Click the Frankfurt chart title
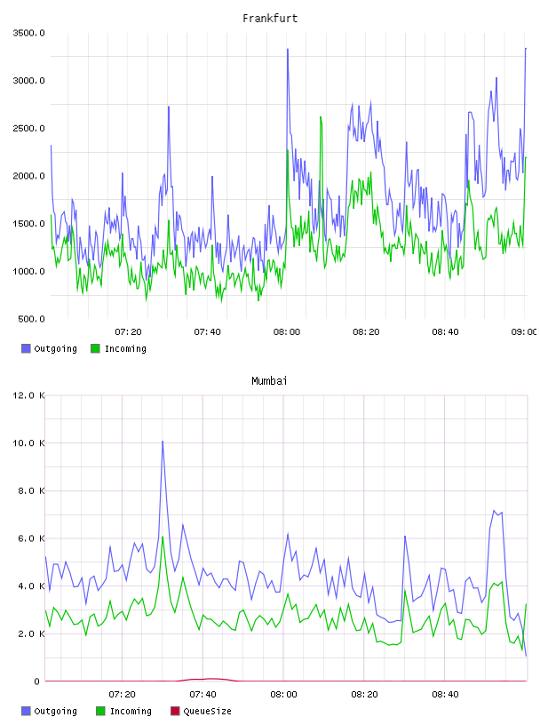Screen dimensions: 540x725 tap(270, 19)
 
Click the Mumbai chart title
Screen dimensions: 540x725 tap(269, 381)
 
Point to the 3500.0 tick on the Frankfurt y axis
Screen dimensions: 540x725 tap(28, 33)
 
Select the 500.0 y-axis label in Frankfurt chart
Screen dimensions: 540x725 tap(31, 319)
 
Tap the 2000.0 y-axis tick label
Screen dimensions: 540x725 tap(28, 176)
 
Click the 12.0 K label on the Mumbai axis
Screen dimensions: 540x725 tap(28, 395)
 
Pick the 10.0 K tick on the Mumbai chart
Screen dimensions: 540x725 tap(28, 443)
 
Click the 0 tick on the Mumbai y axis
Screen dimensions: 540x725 tap(37, 681)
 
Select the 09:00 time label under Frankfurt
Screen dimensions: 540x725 tap(524, 332)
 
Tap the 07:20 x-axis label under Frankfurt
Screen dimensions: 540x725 tap(128, 332)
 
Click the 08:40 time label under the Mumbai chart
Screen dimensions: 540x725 tap(445, 695)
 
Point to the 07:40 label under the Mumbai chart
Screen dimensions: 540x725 tap(203, 695)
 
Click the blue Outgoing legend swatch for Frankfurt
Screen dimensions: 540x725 tap(26, 348)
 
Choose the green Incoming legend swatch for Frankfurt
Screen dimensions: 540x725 tap(95, 348)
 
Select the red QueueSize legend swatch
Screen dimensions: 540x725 tap(175, 711)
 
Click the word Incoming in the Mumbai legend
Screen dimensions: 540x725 tap(131, 711)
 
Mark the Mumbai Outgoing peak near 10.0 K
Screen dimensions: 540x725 tap(163, 442)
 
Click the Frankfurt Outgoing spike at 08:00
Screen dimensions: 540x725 tap(288, 49)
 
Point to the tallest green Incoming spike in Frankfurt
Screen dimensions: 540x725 tap(321, 117)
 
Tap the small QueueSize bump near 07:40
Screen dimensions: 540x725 tap(211, 679)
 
